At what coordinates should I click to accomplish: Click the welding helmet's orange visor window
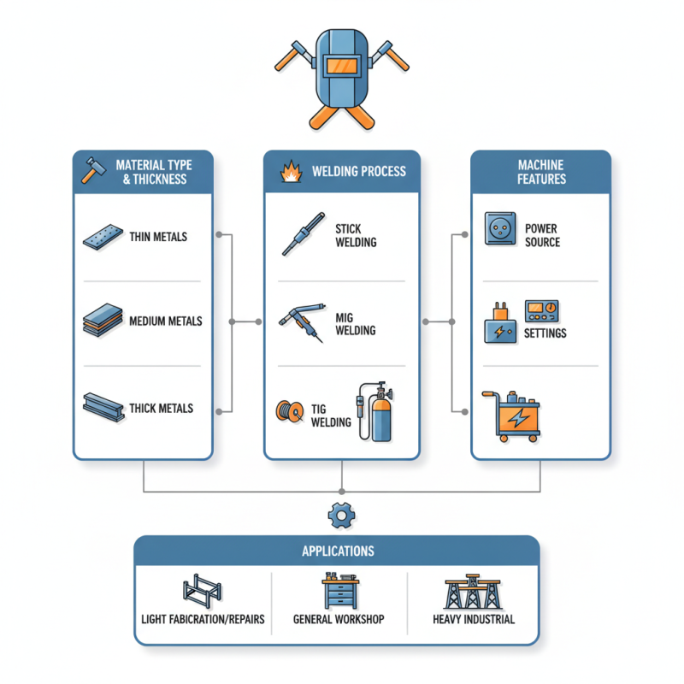click(342, 66)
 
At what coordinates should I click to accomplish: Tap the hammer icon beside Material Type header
click(90, 169)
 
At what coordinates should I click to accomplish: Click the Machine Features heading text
click(541, 171)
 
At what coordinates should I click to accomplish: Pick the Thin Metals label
click(159, 237)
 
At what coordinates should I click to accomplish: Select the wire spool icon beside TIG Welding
click(291, 411)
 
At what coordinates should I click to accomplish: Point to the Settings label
click(545, 333)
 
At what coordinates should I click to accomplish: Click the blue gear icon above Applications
click(341, 515)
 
